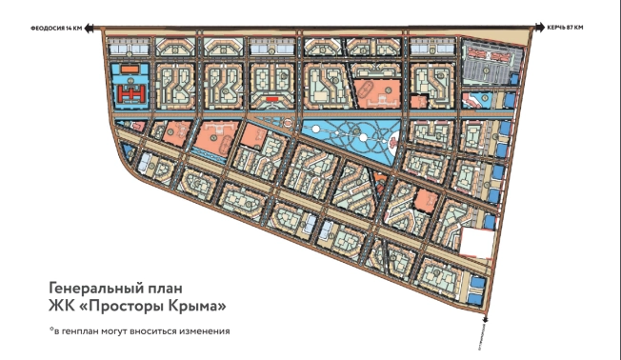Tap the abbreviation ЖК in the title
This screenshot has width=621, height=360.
click(x=60, y=306)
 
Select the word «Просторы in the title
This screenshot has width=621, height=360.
click(x=121, y=306)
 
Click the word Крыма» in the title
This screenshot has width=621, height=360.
click(x=191, y=306)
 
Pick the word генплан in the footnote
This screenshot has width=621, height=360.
click(x=85, y=330)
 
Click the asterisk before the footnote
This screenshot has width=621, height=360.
click(x=51, y=329)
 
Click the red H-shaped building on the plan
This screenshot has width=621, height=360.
click(x=130, y=92)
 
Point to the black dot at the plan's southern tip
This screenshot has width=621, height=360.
click(x=487, y=320)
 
